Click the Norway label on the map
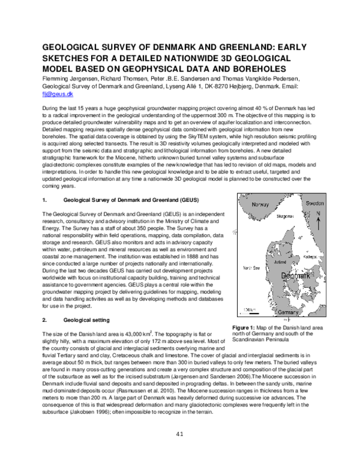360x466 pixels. pyautogui.click(x=260, y=205)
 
